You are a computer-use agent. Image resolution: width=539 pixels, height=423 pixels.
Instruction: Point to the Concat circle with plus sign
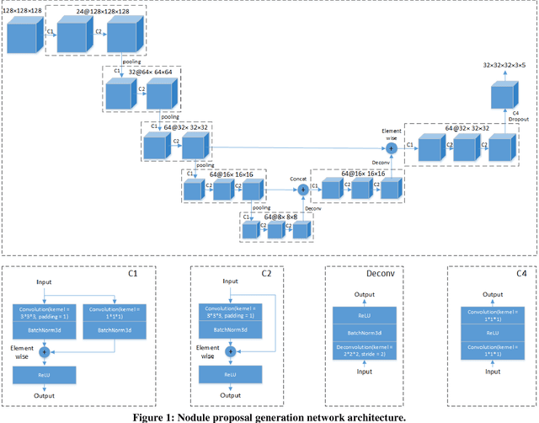pos(303,190)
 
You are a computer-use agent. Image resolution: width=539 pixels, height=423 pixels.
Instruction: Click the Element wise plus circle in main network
pos(391,148)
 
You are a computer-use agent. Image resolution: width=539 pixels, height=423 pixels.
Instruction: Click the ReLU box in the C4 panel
pos(492,333)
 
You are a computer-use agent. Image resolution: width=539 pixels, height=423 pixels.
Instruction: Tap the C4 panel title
pos(519,274)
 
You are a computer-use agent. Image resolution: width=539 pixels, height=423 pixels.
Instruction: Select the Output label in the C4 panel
pos(492,294)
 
